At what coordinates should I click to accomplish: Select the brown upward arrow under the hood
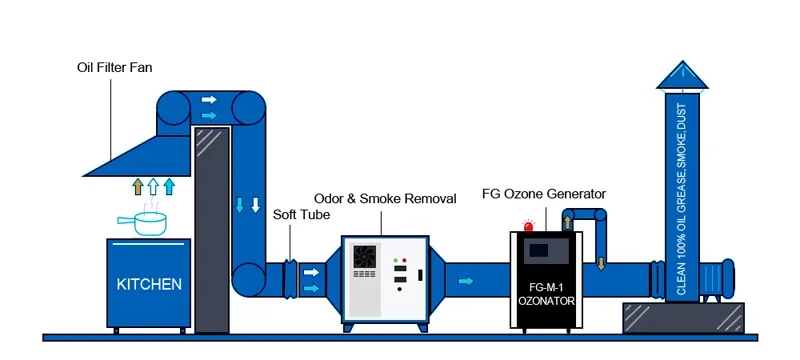click(x=138, y=186)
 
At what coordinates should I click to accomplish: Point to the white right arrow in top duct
click(x=209, y=100)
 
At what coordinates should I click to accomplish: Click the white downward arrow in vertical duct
click(x=256, y=207)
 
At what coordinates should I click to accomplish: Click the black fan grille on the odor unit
click(x=364, y=257)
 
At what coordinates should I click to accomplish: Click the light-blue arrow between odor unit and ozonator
click(x=466, y=281)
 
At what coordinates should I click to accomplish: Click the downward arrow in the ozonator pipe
click(x=600, y=263)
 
